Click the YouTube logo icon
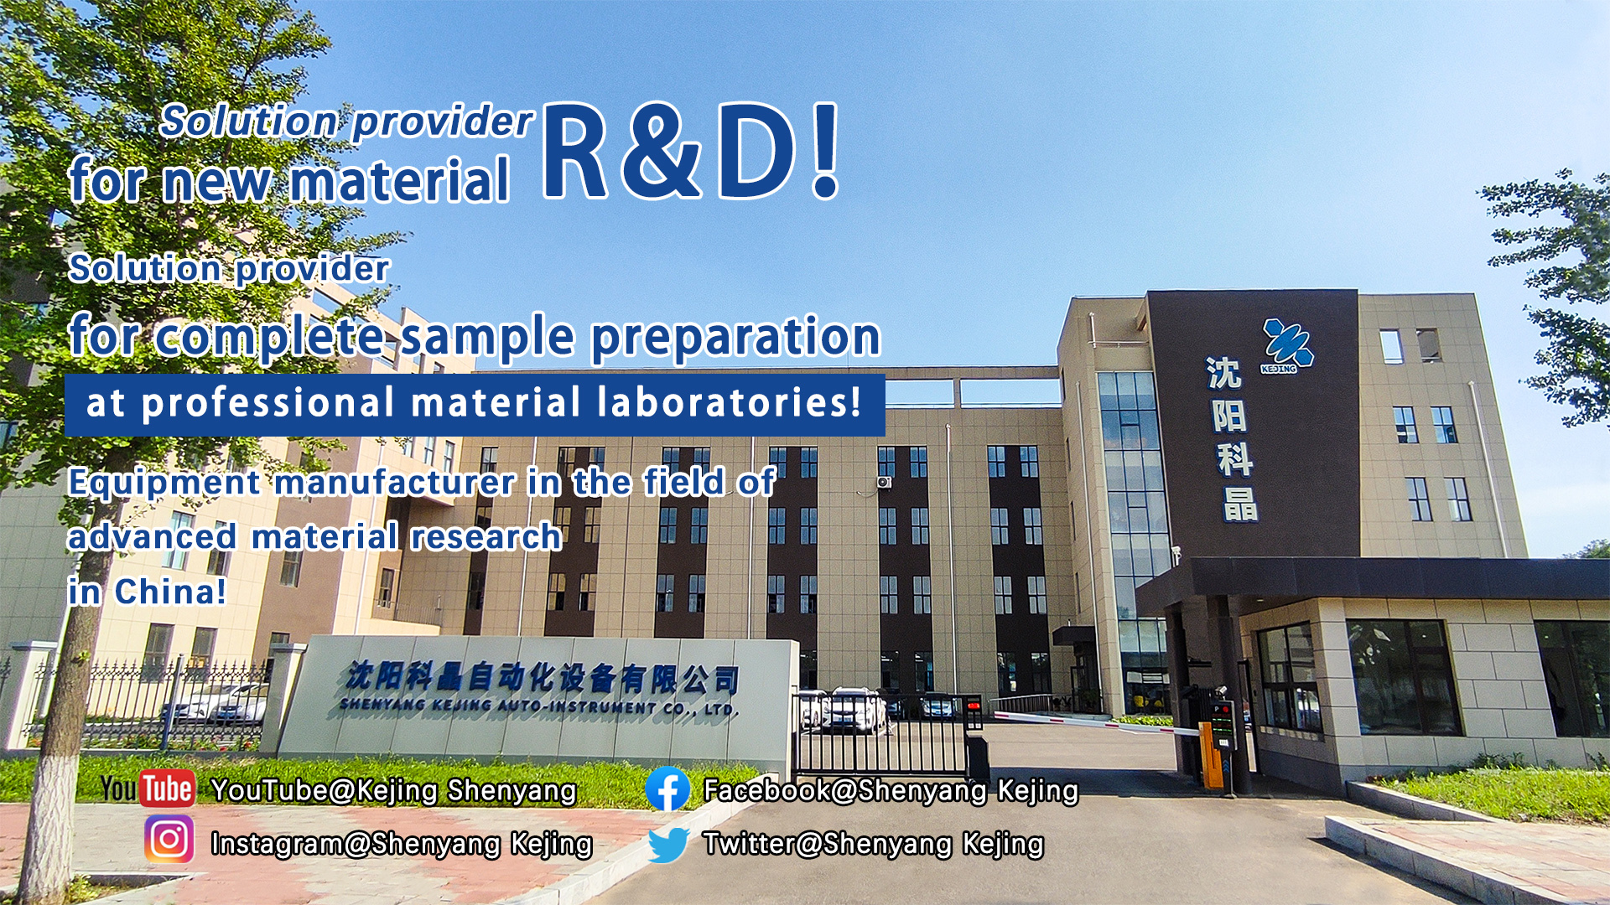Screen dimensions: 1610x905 point(148,789)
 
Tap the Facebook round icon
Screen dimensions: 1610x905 point(667,789)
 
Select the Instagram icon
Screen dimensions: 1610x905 point(169,839)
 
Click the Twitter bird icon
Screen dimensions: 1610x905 point(667,845)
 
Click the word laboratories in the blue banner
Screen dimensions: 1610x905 point(729,402)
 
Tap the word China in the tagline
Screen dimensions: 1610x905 point(170,592)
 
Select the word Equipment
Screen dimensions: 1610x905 point(164,484)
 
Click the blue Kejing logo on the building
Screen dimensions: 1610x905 point(1286,345)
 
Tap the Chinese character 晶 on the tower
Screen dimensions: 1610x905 point(1240,504)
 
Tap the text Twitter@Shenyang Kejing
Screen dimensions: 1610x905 point(873,844)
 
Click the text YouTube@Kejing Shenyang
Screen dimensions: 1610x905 point(393,790)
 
